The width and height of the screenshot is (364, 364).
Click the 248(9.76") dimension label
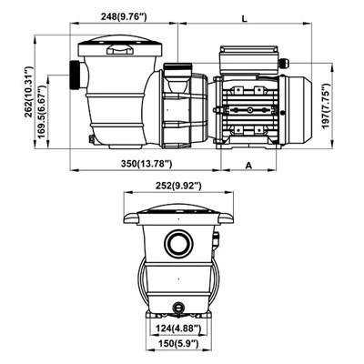126,15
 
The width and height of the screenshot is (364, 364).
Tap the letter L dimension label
246,17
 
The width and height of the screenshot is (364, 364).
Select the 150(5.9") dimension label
178,348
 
